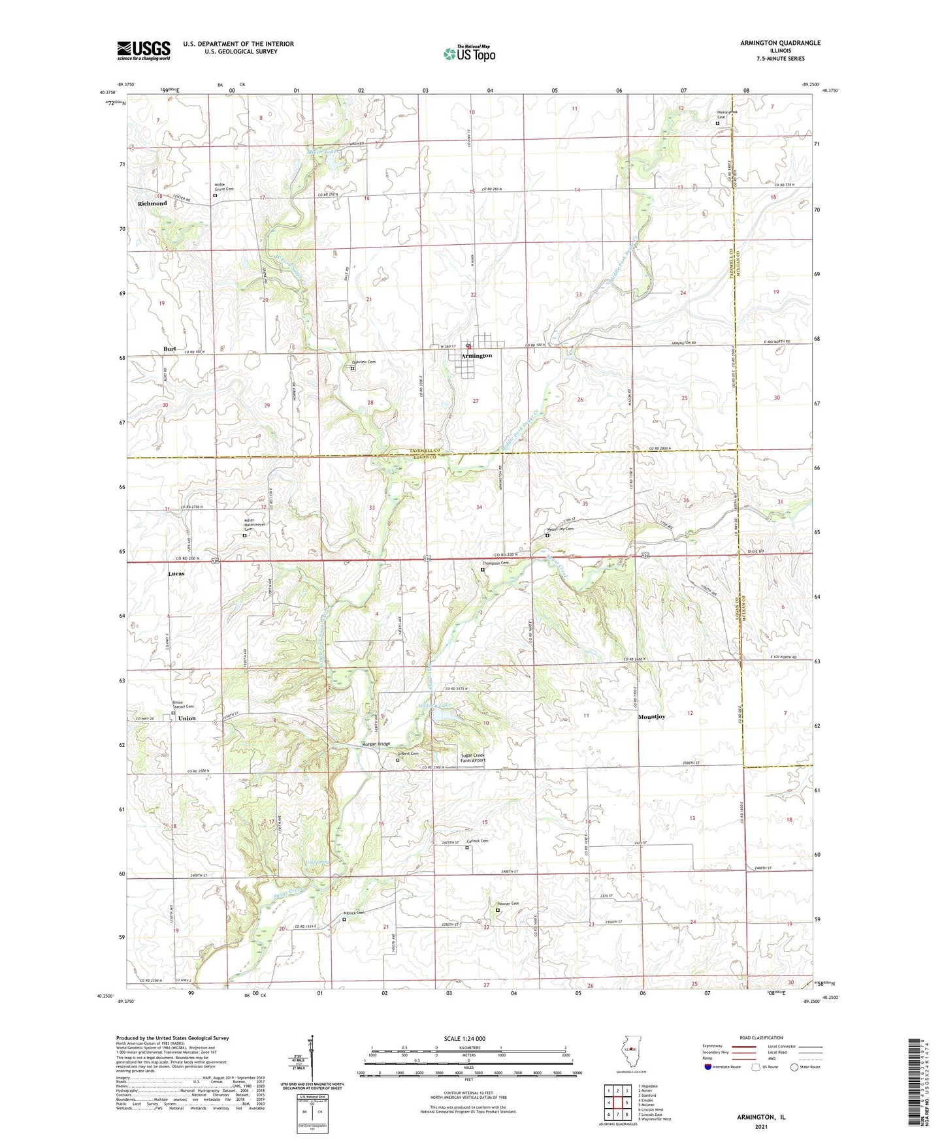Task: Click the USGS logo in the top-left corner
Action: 144,50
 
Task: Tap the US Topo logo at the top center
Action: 469,54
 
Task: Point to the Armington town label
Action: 476,356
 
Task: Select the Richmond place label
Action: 152,204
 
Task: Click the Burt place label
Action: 169,349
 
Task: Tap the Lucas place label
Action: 176,574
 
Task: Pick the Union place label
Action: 187,718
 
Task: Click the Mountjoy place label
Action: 651,717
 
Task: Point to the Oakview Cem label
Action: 364,362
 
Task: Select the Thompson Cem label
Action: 495,563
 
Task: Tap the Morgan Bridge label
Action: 376,744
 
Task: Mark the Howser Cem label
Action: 508,904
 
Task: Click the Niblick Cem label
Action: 353,913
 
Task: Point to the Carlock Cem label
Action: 478,841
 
